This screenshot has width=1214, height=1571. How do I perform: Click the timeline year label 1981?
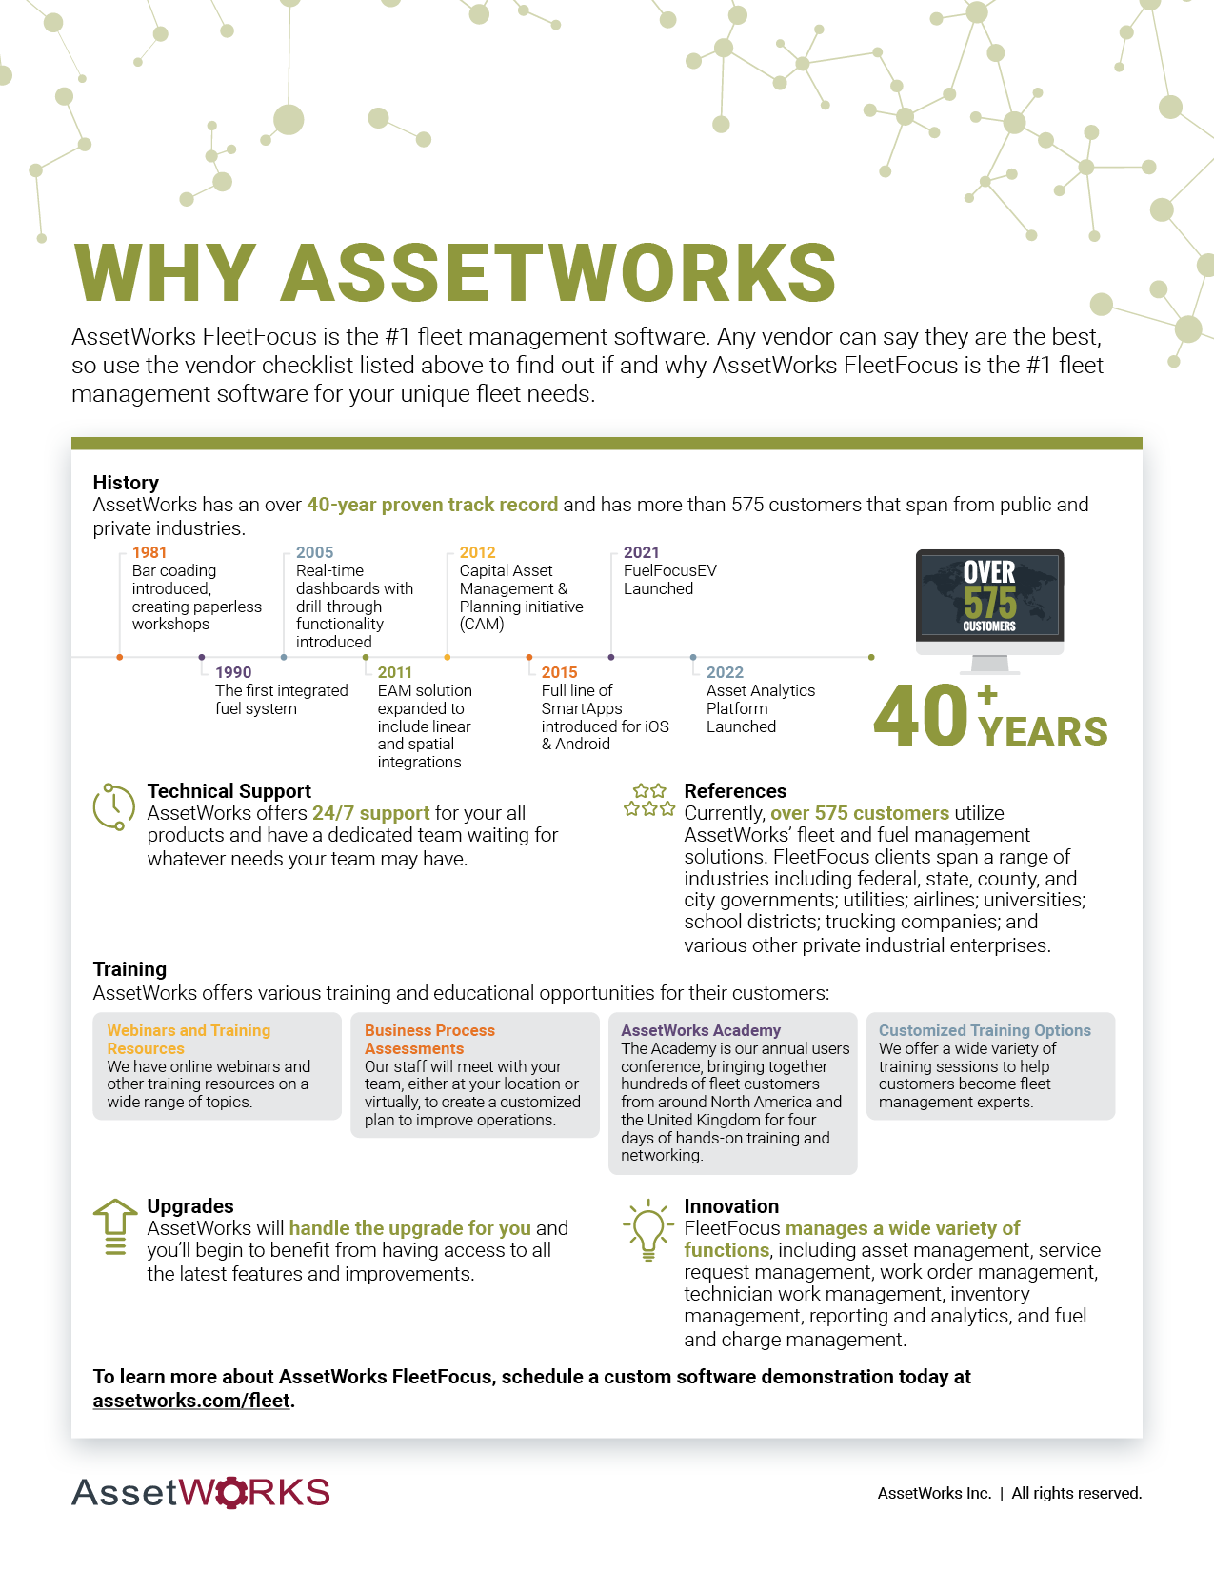pyautogui.click(x=149, y=552)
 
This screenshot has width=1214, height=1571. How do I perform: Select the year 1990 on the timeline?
pyautogui.click(x=233, y=672)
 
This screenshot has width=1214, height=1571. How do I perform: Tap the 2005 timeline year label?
pyautogui.click(x=314, y=552)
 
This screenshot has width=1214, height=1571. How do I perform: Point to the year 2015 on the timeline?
pyautogui.click(x=559, y=672)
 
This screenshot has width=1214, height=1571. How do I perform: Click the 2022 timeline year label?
pyautogui.click(x=725, y=672)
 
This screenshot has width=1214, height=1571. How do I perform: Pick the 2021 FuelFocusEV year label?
pyautogui.click(x=641, y=552)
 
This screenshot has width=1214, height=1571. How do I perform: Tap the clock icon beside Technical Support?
pyautogui.click(x=113, y=806)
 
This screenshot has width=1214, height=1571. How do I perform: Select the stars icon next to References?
pyautogui.click(x=649, y=801)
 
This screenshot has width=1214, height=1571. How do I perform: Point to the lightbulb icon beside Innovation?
pyautogui.click(x=648, y=1229)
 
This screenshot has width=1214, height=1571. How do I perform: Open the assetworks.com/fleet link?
pyautogui.click(x=190, y=1401)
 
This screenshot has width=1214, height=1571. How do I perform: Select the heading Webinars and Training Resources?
pyautogui.click(x=189, y=1039)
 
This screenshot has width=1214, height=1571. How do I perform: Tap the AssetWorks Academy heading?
pyautogui.click(x=701, y=1030)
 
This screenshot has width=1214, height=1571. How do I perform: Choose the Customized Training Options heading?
pyautogui.click(x=985, y=1030)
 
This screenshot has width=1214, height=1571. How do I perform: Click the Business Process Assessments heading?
pyautogui.click(x=429, y=1039)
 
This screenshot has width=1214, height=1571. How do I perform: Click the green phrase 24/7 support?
pyautogui.click(x=370, y=813)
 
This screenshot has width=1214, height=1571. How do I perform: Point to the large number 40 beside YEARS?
pyautogui.click(x=920, y=715)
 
